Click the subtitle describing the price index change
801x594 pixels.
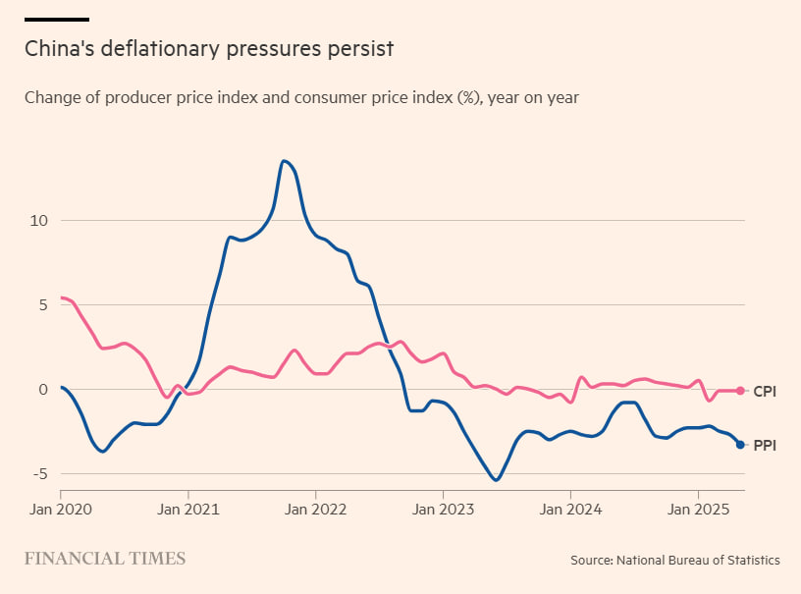tap(301, 97)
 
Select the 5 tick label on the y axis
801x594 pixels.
tap(40, 304)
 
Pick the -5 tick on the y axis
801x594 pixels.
tap(37, 474)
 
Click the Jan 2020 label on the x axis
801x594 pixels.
tap(60, 510)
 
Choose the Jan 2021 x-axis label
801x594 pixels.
tap(187, 510)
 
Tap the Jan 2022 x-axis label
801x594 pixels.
tap(315, 510)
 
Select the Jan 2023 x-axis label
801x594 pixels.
tap(443, 510)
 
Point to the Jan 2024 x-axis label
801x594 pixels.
tap(570, 510)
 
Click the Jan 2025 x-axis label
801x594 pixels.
tap(698, 510)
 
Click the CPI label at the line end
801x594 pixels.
tap(765, 392)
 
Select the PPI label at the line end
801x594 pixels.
tap(765, 446)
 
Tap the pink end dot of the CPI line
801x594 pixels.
tap(740, 391)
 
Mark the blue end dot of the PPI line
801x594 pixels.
tap(740, 445)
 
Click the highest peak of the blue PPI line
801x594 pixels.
tap(284, 161)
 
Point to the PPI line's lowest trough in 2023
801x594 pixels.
tap(496, 480)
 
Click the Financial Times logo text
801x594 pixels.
tap(105, 559)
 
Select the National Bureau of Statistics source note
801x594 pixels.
tap(675, 560)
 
